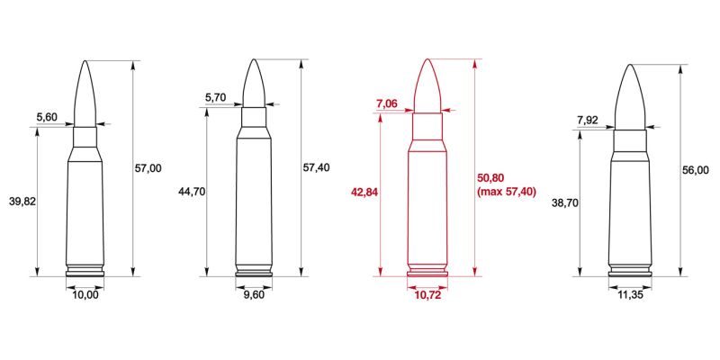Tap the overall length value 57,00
point(148,168)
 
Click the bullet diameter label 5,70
point(217,96)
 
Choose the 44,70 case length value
point(192,192)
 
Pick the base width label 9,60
point(254,294)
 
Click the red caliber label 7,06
point(386,104)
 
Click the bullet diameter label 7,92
point(587,120)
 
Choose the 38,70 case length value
point(564,203)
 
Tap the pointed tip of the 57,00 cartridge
point(85,62)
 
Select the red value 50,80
point(497,178)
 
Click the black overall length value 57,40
point(317,167)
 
